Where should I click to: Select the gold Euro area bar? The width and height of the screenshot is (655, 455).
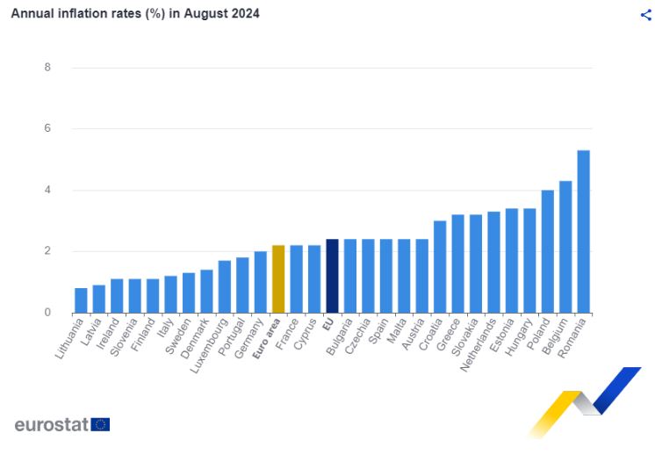pos(278,279)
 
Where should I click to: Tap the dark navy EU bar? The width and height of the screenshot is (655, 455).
pos(332,276)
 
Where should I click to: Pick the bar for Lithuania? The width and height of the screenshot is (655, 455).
pos(81,300)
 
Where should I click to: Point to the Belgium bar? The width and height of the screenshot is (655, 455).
pos(565,247)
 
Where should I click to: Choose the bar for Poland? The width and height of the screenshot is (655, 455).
pos(547,251)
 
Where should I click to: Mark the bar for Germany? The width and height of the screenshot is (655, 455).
pos(261,282)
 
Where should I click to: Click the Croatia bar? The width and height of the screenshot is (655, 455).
pos(440,267)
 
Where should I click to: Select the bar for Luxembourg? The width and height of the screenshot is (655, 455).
pos(225,286)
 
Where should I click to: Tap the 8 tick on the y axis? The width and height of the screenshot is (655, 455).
pos(47,68)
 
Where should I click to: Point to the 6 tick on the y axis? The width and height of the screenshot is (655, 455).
pos(47,128)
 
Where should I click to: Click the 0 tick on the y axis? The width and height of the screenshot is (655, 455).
pos(47,313)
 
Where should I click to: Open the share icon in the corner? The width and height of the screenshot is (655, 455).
pos(646,14)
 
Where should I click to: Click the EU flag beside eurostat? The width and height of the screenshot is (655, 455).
pos(100,425)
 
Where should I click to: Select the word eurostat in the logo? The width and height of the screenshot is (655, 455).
pos(51,425)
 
